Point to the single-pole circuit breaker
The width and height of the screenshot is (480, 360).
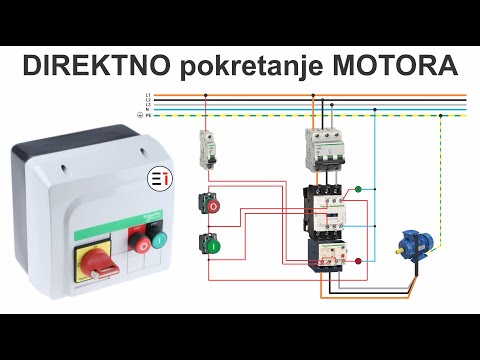tap(206, 149)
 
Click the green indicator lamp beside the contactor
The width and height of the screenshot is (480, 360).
tap(359, 187)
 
